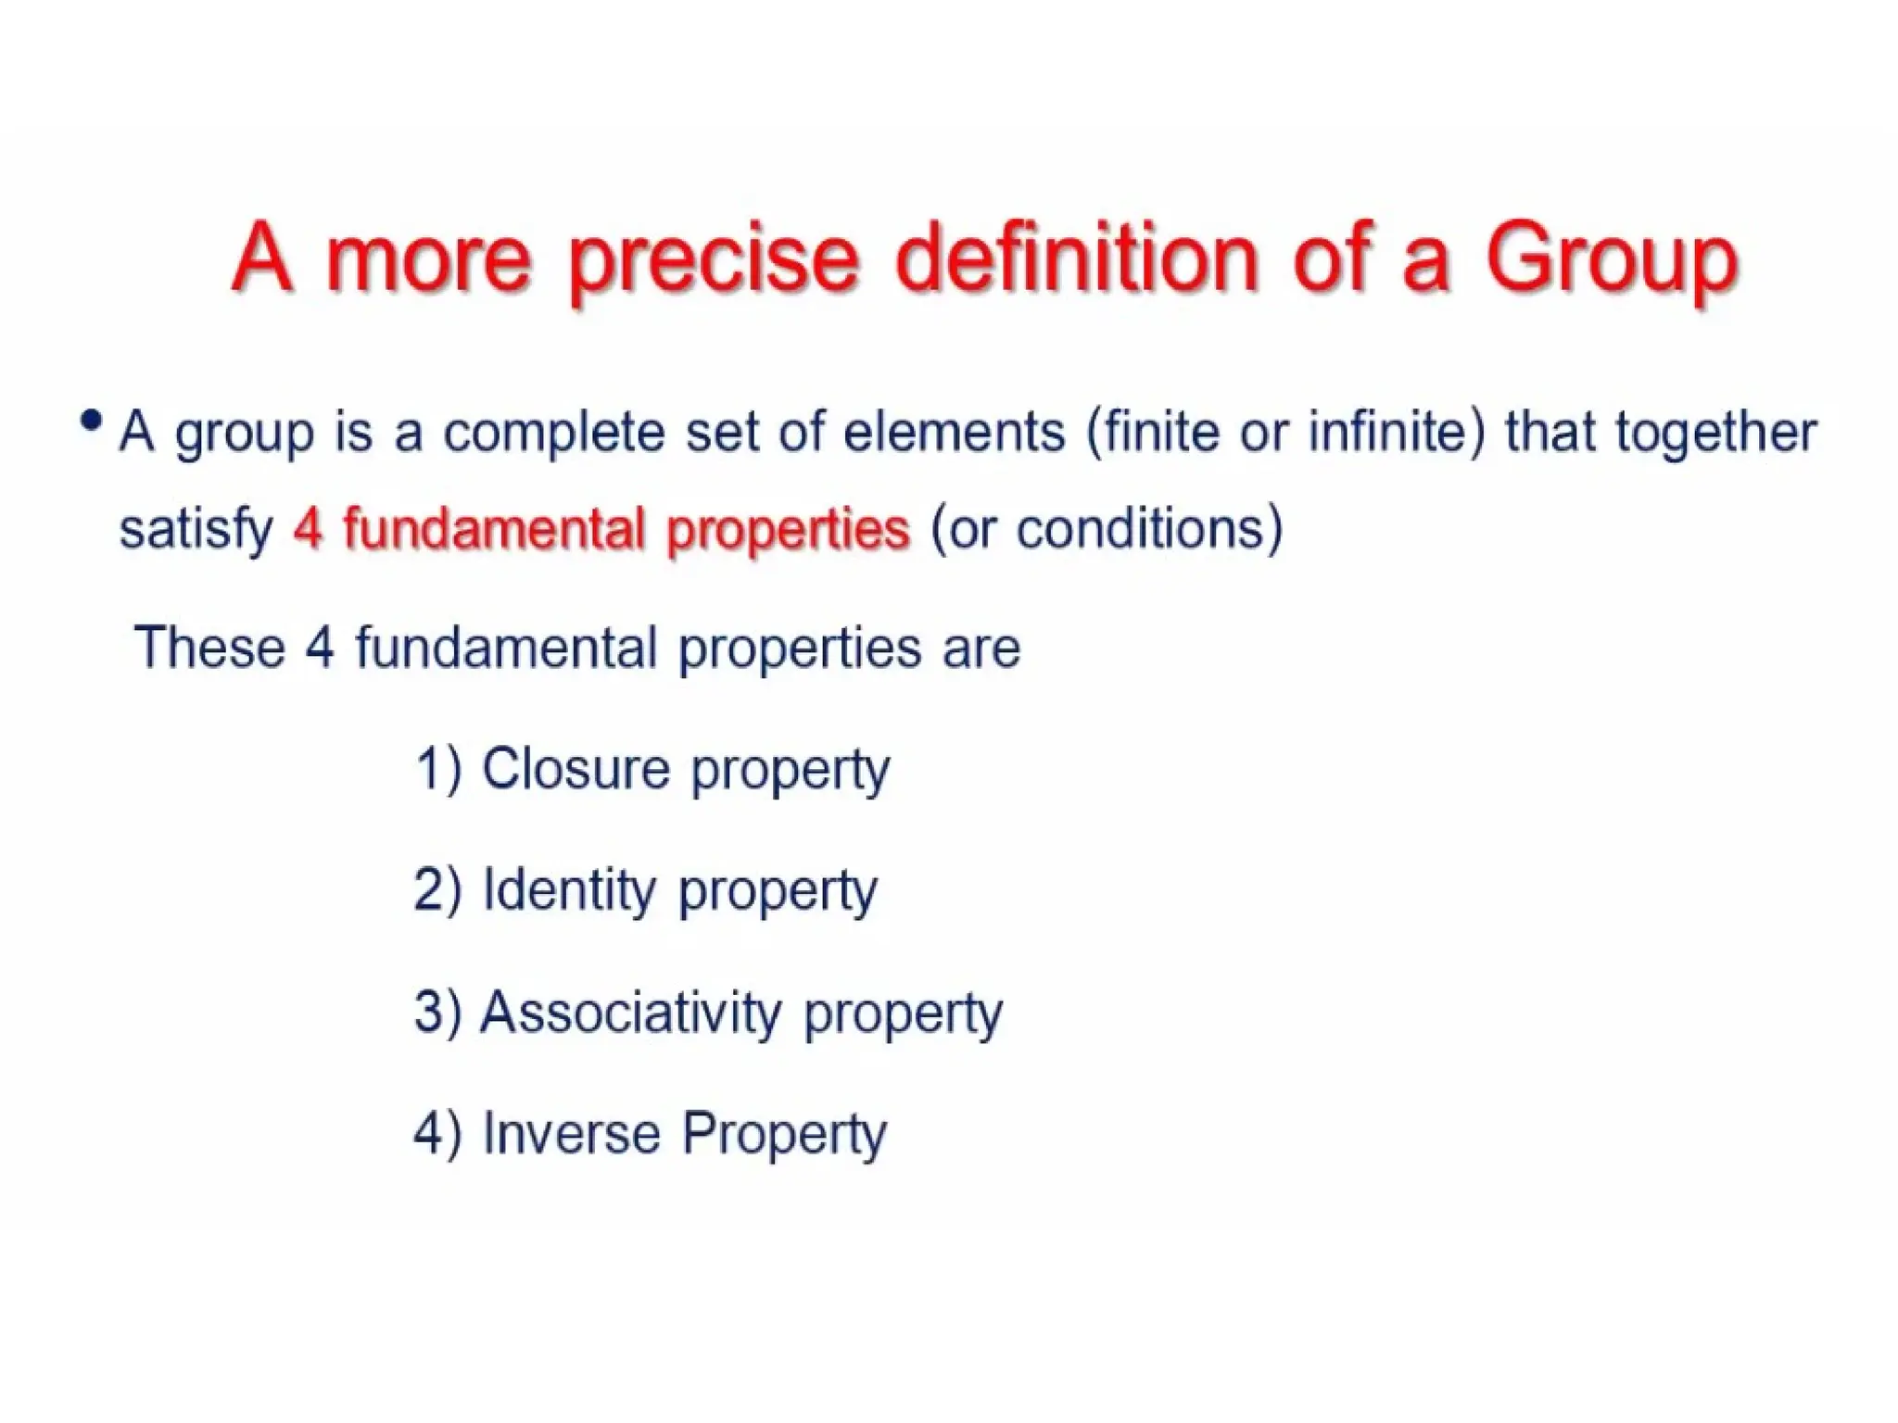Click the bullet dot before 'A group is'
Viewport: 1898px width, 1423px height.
[91, 422]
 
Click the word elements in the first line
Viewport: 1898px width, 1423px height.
[954, 433]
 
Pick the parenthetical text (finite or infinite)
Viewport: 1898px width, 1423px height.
[1284, 433]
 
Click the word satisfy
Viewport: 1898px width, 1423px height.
[196, 531]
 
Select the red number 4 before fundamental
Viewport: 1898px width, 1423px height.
[307, 530]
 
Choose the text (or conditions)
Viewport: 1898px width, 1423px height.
[1107, 529]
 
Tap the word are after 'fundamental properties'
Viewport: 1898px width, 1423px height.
[981, 648]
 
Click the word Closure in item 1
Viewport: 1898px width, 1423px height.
[575, 769]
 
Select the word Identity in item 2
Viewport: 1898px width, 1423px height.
[569, 890]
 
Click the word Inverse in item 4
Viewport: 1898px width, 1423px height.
[571, 1133]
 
